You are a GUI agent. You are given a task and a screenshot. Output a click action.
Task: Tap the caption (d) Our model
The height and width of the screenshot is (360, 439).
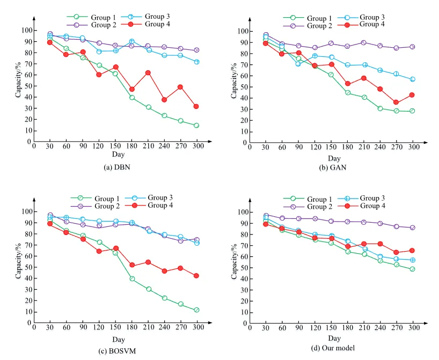333,348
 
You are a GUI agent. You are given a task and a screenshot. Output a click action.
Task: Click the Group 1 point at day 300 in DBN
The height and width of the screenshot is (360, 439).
196,126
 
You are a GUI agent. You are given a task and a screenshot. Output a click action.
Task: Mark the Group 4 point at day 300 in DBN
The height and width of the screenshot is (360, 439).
196,106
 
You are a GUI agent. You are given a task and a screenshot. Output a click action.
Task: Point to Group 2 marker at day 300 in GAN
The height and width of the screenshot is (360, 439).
413,47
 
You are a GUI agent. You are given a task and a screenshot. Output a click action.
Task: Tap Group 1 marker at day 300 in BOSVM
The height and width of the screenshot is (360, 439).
196,310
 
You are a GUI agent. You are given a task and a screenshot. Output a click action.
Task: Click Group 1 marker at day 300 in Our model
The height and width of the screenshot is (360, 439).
412,269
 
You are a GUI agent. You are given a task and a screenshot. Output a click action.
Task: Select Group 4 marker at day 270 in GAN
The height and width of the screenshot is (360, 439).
396,102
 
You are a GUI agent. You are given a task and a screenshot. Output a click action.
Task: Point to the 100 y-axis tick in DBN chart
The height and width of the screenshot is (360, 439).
26,30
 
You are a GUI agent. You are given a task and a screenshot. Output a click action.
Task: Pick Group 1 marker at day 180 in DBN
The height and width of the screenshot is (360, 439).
131,98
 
